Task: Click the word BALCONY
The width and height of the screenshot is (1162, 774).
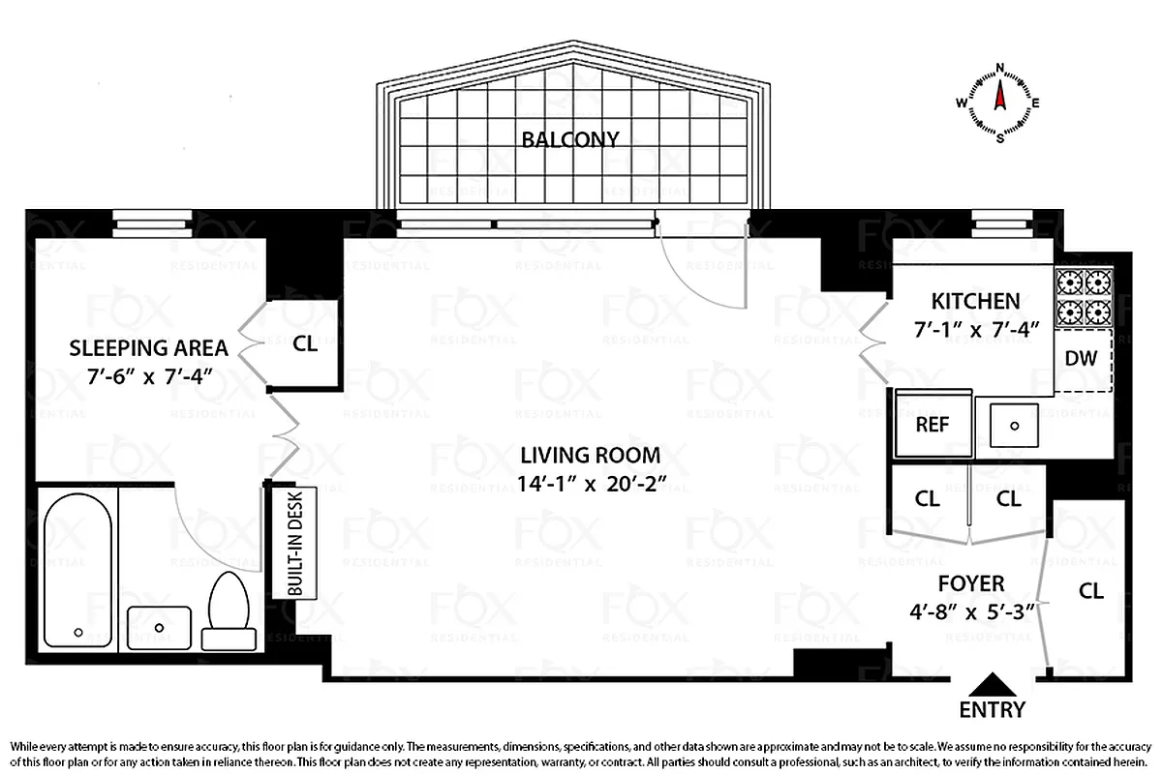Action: coord(569,139)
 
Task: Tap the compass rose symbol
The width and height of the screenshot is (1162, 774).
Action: coord(999,102)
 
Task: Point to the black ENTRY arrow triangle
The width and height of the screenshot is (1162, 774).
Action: coord(992,685)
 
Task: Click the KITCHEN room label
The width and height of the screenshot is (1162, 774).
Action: coord(975,301)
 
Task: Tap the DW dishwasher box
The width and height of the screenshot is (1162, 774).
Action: coord(1081,358)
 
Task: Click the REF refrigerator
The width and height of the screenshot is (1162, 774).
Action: coord(932,425)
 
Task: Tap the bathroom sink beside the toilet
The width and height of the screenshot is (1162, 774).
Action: coord(159,627)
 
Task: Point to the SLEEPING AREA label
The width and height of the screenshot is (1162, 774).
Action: coord(148,348)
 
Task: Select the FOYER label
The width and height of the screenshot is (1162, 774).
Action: coord(971,583)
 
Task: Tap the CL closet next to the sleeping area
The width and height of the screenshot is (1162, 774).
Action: coord(304,342)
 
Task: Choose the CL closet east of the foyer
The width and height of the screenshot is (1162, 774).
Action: coord(1090,591)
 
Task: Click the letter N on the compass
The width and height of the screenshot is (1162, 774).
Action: coord(999,68)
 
